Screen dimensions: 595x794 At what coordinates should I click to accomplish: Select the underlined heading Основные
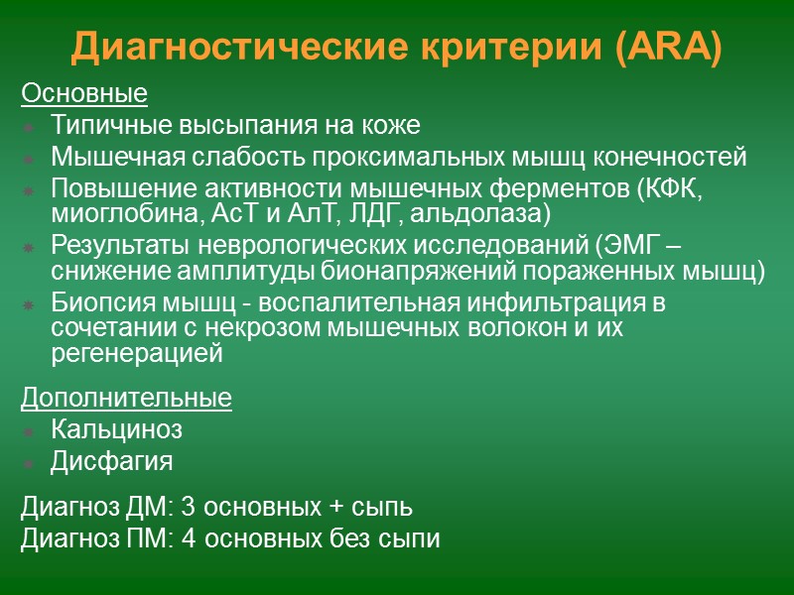tap(84, 95)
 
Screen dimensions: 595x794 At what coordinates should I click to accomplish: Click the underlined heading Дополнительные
tap(126, 399)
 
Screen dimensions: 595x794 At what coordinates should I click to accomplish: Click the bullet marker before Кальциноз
tap(29, 431)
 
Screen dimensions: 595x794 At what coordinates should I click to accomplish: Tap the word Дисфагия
tap(111, 461)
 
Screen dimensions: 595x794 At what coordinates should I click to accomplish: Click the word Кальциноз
tap(116, 430)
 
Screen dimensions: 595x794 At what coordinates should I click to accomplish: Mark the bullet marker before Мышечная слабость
tap(29, 159)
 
